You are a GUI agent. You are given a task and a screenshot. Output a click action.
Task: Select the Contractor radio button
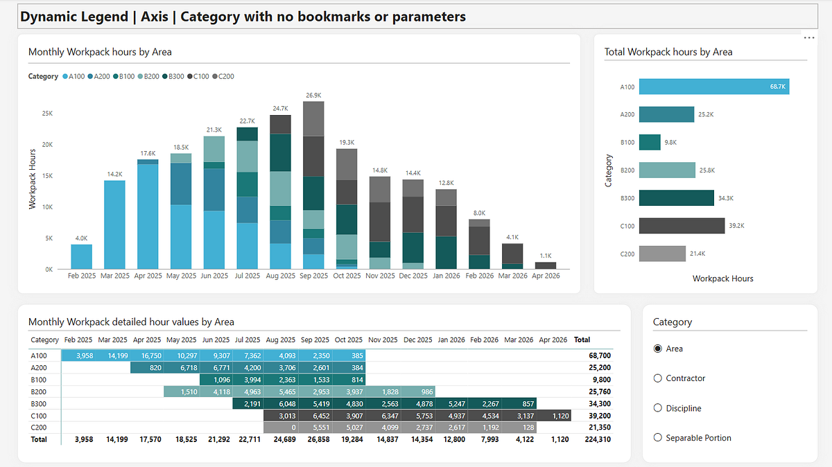click(658, 378)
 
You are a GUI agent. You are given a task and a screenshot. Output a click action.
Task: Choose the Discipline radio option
click(658, 408)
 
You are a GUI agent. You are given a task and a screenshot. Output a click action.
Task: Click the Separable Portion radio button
click(658, 438)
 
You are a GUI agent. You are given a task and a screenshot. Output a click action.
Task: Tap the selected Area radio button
click(658, 349)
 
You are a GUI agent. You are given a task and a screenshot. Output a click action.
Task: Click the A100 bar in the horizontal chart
click(713, 87)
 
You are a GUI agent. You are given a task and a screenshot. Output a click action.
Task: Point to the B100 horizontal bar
click(650, 142)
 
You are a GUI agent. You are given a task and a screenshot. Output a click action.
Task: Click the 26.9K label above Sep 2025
click(313, 95)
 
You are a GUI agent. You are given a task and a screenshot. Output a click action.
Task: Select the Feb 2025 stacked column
click(81, 256)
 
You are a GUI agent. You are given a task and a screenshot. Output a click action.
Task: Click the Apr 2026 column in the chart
click(546, 265)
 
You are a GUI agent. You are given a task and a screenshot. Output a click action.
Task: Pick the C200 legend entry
click(224, 76)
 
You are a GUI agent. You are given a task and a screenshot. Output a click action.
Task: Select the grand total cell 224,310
click(596, 439)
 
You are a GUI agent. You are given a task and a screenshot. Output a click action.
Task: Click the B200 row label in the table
click(38, 391)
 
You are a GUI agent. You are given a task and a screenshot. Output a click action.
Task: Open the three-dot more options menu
click(808, 38)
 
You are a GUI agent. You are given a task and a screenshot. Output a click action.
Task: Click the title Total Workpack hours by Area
click(668, 52)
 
